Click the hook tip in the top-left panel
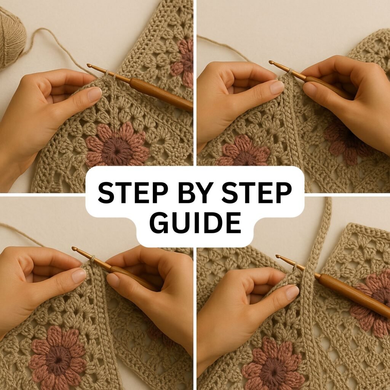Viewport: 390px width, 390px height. (88, 66)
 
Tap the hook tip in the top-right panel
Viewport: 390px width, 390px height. (271, 62)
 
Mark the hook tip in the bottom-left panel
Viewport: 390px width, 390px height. (74, 248)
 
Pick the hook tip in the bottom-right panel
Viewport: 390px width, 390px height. (278, 256)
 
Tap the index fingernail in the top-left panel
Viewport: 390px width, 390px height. (95, 94)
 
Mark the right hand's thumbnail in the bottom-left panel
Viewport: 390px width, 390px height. (113, 280)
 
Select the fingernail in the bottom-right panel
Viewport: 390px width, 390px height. (292, 292)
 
